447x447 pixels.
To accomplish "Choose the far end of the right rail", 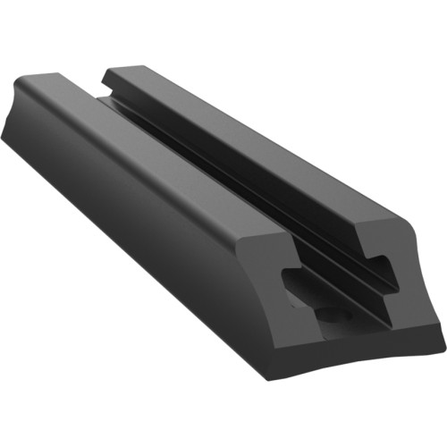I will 121,70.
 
